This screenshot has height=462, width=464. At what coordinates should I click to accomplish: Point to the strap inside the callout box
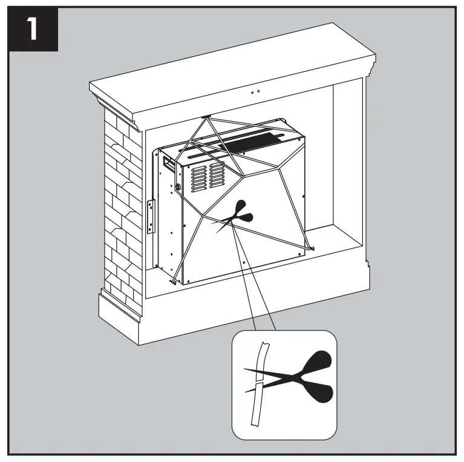(x=257, y=388)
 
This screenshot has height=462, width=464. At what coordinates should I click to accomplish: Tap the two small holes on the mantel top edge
(x=255, y=91)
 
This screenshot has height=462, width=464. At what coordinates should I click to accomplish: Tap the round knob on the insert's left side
(x=178, y=187)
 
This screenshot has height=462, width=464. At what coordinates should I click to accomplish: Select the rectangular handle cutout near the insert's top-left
(x=166, y=162)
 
